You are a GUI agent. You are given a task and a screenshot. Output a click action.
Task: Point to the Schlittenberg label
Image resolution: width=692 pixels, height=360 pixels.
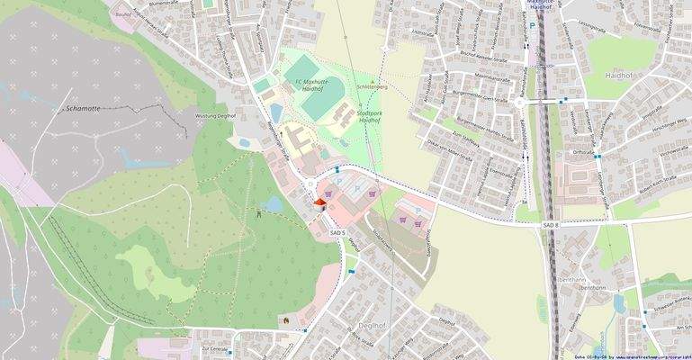370,87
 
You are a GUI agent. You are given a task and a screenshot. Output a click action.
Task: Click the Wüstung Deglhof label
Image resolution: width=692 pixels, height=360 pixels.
215,116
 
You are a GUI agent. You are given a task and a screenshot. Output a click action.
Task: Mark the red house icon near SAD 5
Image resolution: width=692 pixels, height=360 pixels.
319,204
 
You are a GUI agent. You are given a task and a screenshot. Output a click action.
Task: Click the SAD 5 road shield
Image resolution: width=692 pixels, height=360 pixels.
337,233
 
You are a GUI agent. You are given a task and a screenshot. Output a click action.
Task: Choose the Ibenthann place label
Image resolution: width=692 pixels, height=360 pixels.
597,280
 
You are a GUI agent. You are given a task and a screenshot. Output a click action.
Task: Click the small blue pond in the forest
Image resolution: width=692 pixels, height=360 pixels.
274,205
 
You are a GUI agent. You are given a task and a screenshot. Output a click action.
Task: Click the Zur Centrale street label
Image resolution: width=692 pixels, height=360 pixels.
216,346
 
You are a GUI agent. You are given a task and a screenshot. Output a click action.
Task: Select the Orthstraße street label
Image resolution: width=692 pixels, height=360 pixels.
583,153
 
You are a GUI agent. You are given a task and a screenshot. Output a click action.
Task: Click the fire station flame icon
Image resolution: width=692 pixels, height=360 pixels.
287,319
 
